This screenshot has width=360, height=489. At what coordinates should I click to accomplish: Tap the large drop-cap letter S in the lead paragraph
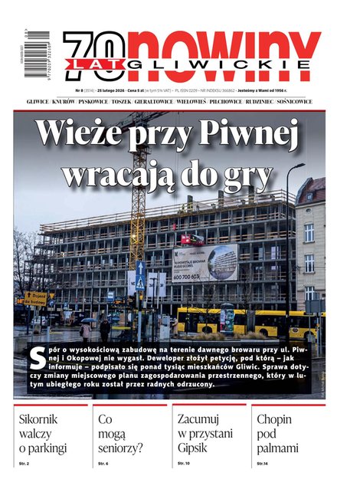[34, 354]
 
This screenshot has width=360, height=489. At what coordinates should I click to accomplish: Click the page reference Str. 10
[185, 464]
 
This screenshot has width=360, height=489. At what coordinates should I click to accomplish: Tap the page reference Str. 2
[25, 464]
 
